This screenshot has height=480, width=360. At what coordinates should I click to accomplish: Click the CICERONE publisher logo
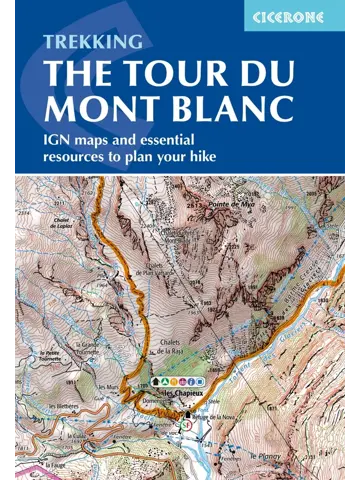click(300, 15)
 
